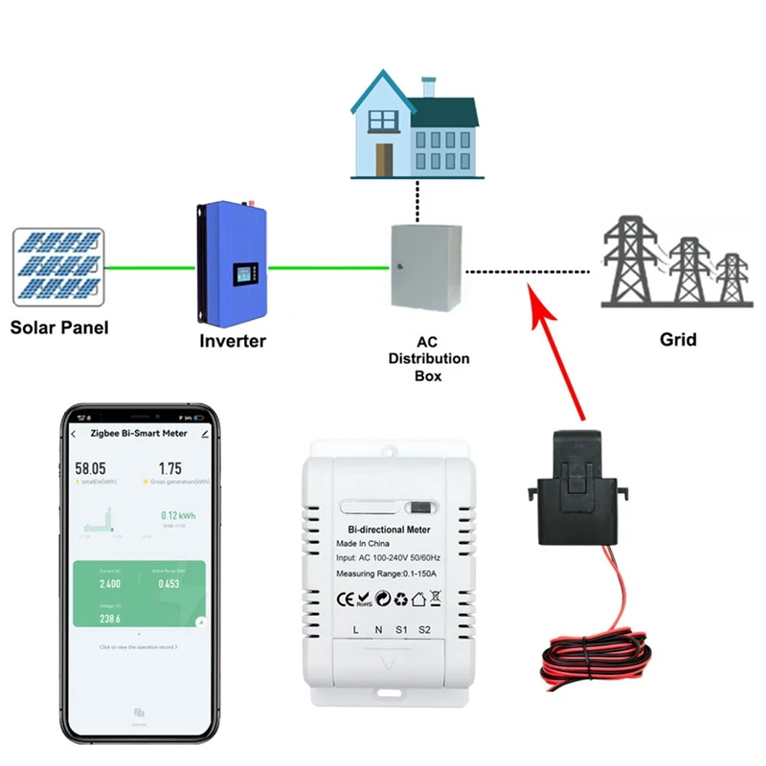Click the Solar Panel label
tap(59, 327)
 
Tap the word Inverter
tap(233, 341)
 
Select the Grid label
tap(678, 339)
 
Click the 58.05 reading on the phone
tap(92, 469)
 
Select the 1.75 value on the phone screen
tap(169, 468)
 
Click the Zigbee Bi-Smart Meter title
tap(138, 433)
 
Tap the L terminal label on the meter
tap(356, 629)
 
